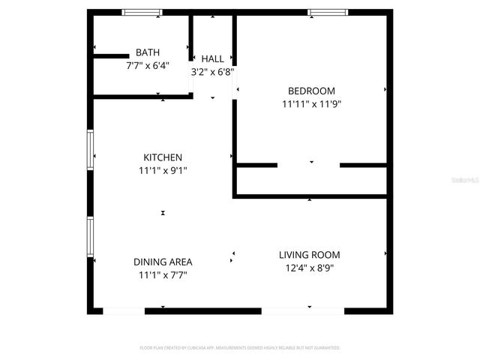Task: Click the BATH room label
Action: [148, 52]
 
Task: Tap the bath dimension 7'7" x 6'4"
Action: [148, 65]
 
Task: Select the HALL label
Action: [213, 58]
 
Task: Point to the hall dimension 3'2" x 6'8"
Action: [213, 72]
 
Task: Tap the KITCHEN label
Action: [163, 157]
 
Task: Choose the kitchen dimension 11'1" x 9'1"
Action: [163, 170]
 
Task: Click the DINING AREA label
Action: [163, 262]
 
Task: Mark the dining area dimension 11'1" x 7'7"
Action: [163, 275]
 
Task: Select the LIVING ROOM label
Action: [310, 255]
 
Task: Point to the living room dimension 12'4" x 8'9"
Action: [310, 268]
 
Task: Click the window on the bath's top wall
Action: [142, 12]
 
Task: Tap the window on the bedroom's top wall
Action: [328, 12]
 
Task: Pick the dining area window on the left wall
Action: [90, 236]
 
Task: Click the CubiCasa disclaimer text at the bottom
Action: [240, 348]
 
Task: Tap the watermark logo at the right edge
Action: [469, 180]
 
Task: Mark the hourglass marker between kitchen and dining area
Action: [163, 213]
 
